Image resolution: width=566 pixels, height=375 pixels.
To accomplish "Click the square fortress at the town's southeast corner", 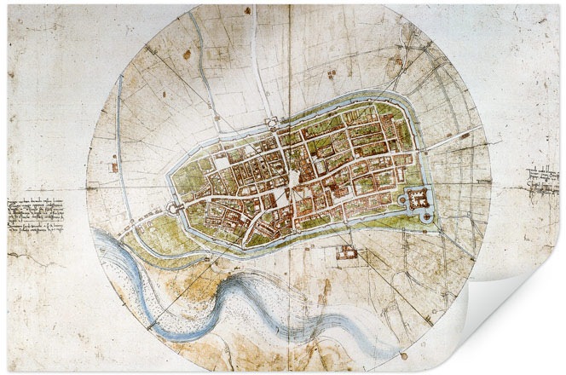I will click(x=419, y=199).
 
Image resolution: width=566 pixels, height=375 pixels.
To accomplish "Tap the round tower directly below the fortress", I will click(x=426, y=217).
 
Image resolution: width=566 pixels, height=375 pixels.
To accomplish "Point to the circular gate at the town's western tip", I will click(x=174, y=206).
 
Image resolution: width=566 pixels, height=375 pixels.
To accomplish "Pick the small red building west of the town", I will click(x=113, y=167).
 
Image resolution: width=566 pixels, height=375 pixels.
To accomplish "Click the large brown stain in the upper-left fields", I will click(x=187, y=55).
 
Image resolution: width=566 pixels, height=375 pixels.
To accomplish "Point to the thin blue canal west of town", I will click(x=124, y=153).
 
